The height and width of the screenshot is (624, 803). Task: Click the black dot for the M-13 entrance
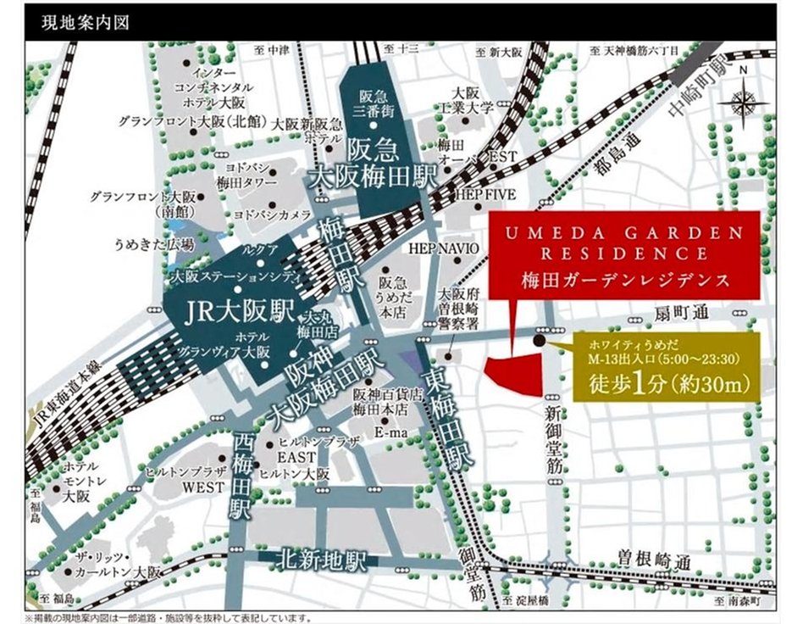click(x=540, y=341)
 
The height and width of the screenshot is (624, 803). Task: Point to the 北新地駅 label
click(x=321, y=560)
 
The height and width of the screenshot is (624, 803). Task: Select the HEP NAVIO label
click(x=443, y=248)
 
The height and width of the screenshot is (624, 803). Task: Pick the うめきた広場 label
click(x=155, y=245)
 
